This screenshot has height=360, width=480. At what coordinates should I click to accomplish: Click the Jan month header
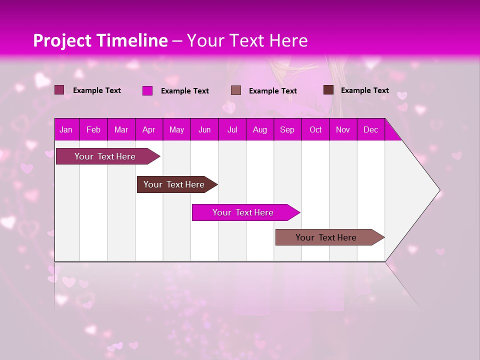[x=66, y=130]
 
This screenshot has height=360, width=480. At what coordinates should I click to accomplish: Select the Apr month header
[x=148, y=130]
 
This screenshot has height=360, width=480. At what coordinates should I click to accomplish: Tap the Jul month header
[x=232, y=130]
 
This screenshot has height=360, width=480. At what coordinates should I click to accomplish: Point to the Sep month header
[x=287, y=130]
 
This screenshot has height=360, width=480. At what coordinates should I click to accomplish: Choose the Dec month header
[x=370, y=130]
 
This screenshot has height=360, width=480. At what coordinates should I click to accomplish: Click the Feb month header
[x=93, y=130]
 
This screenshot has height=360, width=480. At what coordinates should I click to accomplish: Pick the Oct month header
[x=315, y=130]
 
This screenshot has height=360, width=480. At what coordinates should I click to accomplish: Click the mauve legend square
[x=59, y=90]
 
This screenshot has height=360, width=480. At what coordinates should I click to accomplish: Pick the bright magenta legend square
[x=147, y=90]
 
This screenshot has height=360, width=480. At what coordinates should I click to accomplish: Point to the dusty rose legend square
[x=236, y=90]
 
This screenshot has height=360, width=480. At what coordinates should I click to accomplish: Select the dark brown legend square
[x=328, y=90]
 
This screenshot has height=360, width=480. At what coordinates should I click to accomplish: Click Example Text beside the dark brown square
[x=364, y=90]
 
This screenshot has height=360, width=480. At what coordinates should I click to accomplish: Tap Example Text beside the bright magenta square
[x=184, y=91]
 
